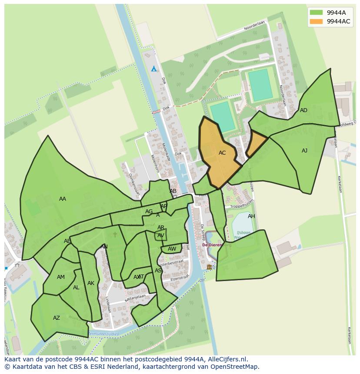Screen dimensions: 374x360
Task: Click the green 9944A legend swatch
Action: (x=316, y=13)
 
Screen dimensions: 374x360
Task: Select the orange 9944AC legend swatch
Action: (x=316, y=21)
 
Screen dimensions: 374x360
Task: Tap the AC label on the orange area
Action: (x=222, y=153)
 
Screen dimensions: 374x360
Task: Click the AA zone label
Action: (x=63, y=199)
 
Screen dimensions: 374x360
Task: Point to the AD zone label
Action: (x=303, y=110)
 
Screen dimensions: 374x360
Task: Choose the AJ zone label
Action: (x=304, y=151)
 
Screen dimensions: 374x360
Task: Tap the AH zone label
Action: (x=251, y=216)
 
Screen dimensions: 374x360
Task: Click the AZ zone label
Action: (x=57, y=318)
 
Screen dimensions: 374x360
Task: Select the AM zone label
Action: (x=61, y=277)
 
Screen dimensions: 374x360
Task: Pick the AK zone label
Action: (x=91, y=283)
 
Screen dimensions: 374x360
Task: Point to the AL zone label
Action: (x=76, y=288)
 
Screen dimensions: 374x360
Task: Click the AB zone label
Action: (x=173, y=191)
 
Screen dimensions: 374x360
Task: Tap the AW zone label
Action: (x=172, y=249)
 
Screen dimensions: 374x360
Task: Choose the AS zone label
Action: (x=158, y=271)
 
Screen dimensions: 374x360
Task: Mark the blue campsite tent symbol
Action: (x=153, y=69)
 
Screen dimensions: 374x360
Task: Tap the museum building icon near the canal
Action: (x=209, y=267)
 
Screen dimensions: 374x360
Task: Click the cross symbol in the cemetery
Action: (x=115, y=235)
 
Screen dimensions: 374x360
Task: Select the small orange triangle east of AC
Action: (x=257, y=144)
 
